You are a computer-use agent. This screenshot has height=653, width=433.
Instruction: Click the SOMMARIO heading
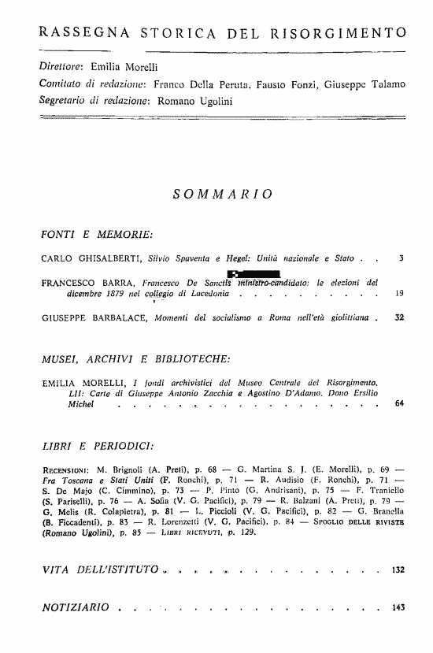(224, 193)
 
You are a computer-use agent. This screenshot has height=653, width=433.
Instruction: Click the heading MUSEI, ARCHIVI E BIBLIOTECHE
(135, 359)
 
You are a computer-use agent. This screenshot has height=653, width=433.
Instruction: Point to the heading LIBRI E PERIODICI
(97, 447)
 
